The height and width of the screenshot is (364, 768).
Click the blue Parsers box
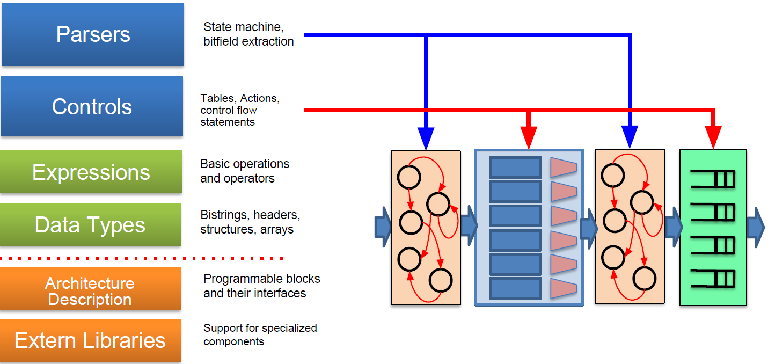(93, 34)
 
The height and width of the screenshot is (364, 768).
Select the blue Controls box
(92, 106)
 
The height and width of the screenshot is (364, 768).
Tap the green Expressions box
(91, 172)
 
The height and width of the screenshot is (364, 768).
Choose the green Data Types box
(90, 224)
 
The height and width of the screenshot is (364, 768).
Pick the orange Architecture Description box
(90, 290)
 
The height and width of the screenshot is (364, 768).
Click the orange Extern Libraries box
(90, 340)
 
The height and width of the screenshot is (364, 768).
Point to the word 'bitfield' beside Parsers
(222, 42)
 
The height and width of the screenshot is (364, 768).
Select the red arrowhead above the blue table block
(529, 139)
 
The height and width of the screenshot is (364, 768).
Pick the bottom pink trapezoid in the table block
(563, 288)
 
